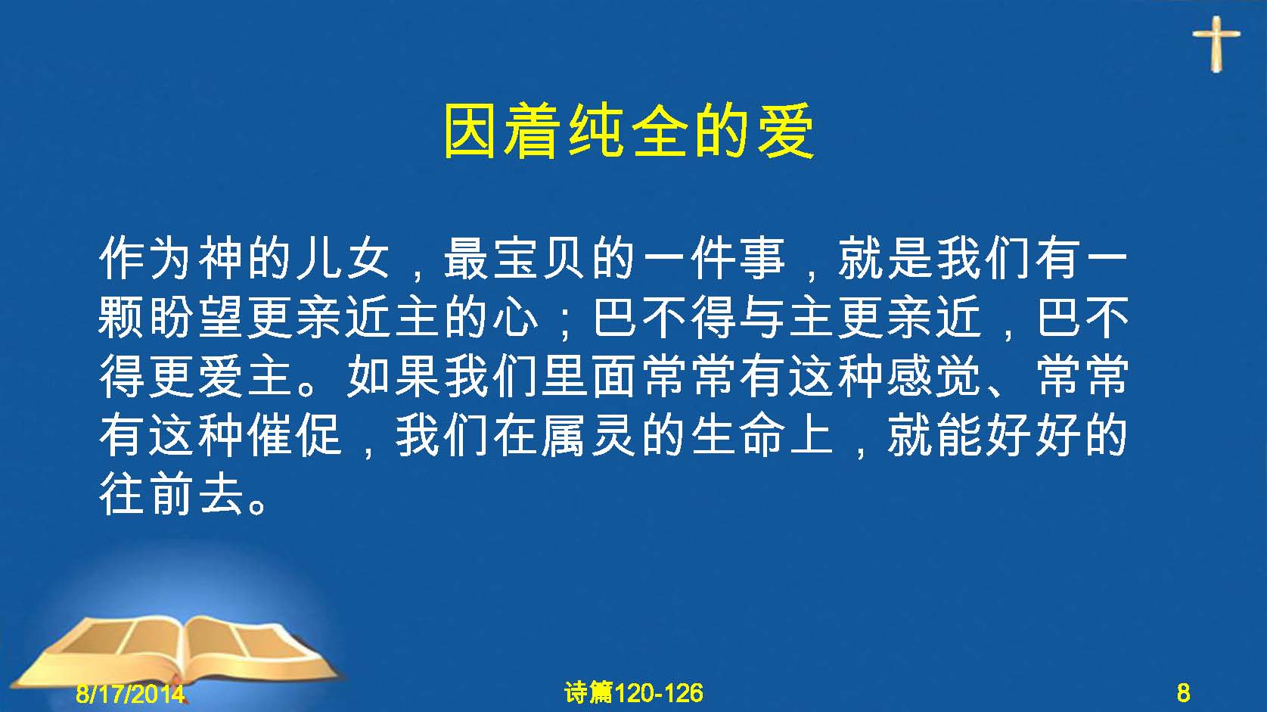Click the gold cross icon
[x=1216, y=44]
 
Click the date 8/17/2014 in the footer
[x=130, y=693]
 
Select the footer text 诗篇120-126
[x=634, y=693]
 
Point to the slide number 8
[x=1183, y=693]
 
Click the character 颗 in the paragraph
[x=122, y=318]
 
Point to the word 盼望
[x=196, y=318]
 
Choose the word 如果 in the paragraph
[x=393, y=377]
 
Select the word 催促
[x=294, y=436]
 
